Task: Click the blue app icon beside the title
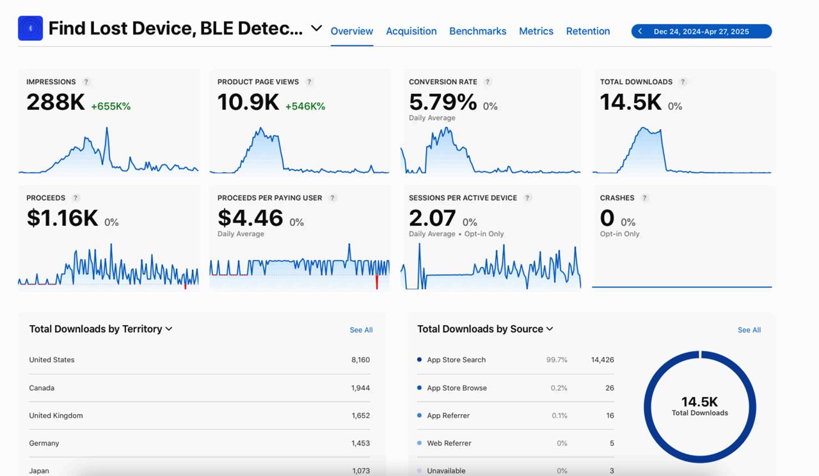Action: pos(30,29)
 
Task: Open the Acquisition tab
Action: pos(411,31)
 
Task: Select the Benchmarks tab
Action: pos(477,31)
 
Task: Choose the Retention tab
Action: pos(587,31)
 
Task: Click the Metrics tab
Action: pos(536,31)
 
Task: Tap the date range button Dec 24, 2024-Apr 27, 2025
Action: pos(701,31)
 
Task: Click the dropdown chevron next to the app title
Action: pos(316,28)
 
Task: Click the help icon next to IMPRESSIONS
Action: pos(86,82)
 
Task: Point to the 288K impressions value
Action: pos(56,102)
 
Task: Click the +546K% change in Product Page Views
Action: pos(305,106)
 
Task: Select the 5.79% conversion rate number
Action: pos(443,102)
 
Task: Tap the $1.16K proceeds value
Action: pos(62,219)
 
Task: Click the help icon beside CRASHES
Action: pos(644,198)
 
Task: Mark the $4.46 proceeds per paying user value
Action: pos(250,219)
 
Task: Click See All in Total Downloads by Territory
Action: pos(361,330)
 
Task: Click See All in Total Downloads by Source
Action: pos(749,330)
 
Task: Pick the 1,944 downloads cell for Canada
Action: pos(360,388)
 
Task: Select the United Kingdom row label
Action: pos(56,415)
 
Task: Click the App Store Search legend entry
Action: pos(456,360)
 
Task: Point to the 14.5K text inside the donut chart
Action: pos(699,402)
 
